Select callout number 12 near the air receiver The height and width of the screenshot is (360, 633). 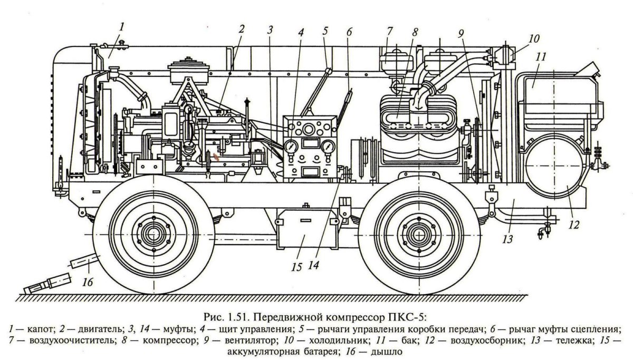pyautogui.click(x=574, y=224)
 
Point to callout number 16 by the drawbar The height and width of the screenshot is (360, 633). pyautogui.click(x=88, y=282)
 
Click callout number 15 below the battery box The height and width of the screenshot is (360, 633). pyautogui.click(x=296, y=267)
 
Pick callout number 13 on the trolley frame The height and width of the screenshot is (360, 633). pyautogui.click(x=507, y=239)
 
